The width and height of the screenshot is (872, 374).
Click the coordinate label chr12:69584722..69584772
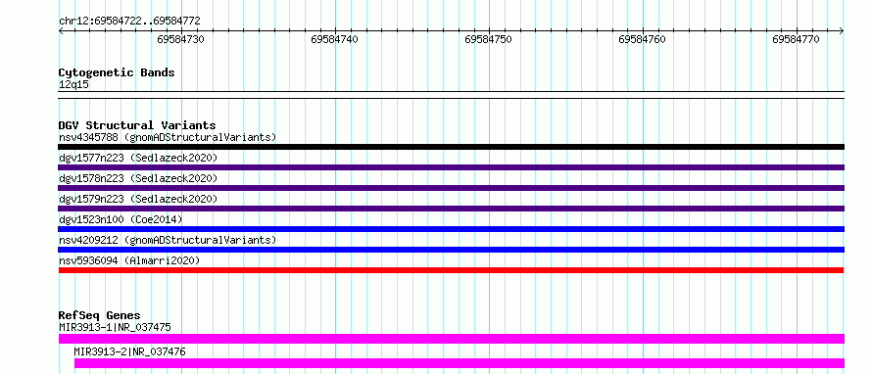(x=129, y=22)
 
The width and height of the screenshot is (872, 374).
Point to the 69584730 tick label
(x=180, y=39)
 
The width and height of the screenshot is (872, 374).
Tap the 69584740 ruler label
(x=335, y=39)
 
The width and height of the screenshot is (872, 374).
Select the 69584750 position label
(x=488, y=39)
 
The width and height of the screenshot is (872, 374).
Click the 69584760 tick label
(x=643, y=39)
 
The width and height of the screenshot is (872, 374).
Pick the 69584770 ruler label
(x=796, y=39)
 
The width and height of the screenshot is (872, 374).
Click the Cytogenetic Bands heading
(x=117, y=72)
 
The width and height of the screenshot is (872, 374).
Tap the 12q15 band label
(x=73, y=85)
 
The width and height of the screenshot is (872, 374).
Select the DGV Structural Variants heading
(x=137, y=125)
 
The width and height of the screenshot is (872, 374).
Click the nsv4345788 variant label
(x=88, y=137)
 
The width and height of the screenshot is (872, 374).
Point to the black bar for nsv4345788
(x=451, y=147)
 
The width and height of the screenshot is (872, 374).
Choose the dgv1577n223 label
(x=92, y=158)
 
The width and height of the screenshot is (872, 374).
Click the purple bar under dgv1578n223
(x=451, y=188)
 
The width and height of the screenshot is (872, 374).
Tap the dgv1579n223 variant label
(x=92, y=199)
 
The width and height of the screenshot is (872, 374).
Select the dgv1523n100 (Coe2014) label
(x=121, y=219)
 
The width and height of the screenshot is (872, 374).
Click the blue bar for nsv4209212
(x=451, y=250)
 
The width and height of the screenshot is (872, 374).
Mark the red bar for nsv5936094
(x=451, y=270)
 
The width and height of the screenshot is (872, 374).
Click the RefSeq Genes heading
(x=100, y=315)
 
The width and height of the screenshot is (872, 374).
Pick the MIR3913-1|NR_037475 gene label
(x=115, y=327)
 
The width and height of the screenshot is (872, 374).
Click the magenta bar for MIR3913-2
(x=460, y=363)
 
